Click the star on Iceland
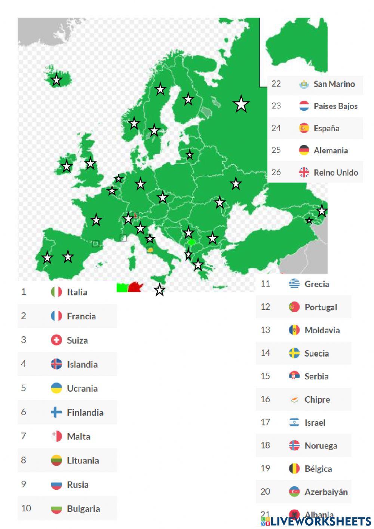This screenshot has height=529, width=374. click(x=56, y=80)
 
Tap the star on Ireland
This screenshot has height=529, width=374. click(x=67, y=166)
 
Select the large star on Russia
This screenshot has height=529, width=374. click(x=241, y=104)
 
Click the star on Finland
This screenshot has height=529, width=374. click(x=188, y=100)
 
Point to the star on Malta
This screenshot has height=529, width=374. click(x=160, y=290)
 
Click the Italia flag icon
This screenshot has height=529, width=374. click(x=56, y=292)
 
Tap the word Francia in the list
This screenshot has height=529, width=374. click(x=81, y=316)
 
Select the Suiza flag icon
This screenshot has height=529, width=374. click(x=56, y=340)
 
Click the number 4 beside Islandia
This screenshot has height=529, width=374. click(x=24, y=364)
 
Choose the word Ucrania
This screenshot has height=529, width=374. click(x=82, y=388)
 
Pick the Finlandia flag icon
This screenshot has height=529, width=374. click(x=56, y=412)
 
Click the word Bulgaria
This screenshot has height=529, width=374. click(x=83, y=509)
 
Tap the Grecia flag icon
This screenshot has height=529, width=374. click(x=294, y=284)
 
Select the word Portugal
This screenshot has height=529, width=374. click(x=321, y=307)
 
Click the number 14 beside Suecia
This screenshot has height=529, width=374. click(x=265, y=353)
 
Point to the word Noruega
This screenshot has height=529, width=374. click(x=321, y=446)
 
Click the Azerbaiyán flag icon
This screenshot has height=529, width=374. click(x=294, y=492)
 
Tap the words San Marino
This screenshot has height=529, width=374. click(x=334, y=84)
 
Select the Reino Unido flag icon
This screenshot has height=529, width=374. click(x=304, y=172)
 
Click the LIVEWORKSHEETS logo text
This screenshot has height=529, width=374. click(x=321, y=522)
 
